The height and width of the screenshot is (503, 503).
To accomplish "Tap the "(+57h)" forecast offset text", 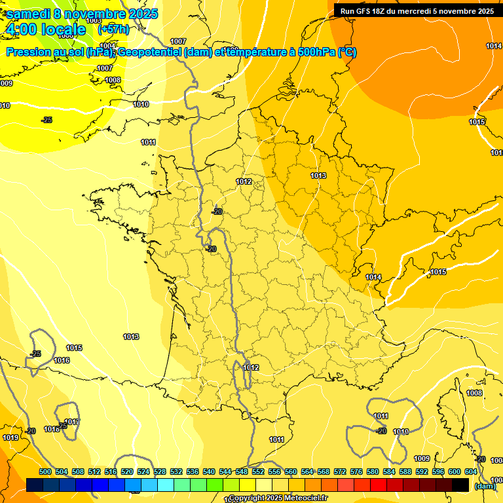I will point(113,29).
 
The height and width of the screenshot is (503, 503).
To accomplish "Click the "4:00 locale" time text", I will point(45,29).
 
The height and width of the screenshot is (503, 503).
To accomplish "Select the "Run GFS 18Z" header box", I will point(417,10).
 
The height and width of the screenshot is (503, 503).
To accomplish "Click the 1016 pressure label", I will point(62,360).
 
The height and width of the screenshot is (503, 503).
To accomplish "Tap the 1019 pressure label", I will point(10,438).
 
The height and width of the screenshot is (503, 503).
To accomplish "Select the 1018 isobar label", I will point(51,429).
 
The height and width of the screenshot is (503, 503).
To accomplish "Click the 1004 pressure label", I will point(108,47).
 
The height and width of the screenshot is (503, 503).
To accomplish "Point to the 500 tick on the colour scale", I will point(45,472).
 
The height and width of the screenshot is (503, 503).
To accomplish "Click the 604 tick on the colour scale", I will point(471,472).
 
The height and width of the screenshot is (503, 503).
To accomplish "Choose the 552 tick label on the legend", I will point(258,472).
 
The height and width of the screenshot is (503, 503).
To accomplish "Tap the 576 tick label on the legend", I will point(356,472).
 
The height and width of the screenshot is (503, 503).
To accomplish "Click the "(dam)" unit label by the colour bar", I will point(485,486).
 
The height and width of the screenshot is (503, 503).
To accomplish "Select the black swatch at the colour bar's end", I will point(460,485).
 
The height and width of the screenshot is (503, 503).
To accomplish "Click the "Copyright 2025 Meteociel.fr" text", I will point(278,498).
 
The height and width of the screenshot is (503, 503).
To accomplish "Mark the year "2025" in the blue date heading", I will point(138,14).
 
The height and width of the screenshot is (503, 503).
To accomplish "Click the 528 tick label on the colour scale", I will point(160,472).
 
